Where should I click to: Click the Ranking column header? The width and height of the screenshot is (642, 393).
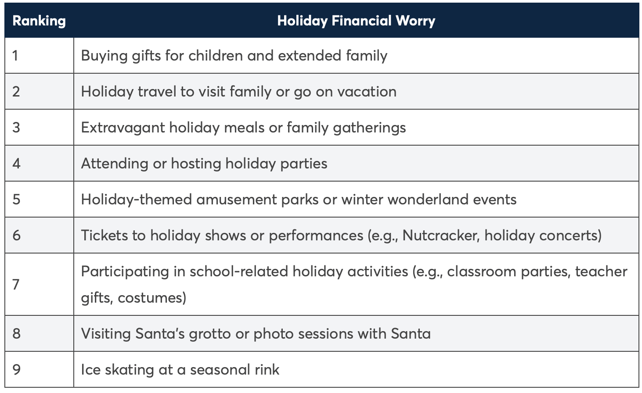[x=39, y=21]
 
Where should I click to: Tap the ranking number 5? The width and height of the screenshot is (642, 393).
[x=16, y=199]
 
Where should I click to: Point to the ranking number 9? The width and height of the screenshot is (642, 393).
[x=16, y=369]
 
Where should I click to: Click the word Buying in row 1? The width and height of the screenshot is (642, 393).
[x=105, y=56]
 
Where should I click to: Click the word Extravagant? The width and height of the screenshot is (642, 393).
[x=123, y=128]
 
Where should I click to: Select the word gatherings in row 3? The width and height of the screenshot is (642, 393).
[x=369, y=128]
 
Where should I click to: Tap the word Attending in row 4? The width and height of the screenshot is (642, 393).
[x=115, y=164]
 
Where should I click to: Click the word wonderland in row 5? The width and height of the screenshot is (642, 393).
[x=428, y=200]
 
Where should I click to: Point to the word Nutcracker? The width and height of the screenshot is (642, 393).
[x=441, y=236]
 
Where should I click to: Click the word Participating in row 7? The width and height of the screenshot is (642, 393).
[x=125, y=272]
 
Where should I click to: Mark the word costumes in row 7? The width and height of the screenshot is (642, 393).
[x=152, y=298]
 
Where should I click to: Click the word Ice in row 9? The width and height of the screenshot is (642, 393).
[x=91, y=369]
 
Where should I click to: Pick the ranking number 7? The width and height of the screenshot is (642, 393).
[x=16, y=285]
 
